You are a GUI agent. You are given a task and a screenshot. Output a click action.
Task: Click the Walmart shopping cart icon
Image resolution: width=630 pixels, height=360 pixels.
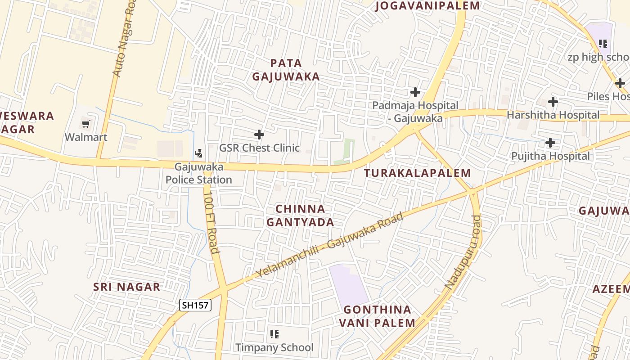coord(85,124)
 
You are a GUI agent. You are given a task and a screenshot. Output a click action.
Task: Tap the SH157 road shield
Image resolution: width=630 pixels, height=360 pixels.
coord(195,305)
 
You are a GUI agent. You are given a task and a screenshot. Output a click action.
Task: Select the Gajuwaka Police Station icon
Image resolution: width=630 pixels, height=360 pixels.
coord(198,153)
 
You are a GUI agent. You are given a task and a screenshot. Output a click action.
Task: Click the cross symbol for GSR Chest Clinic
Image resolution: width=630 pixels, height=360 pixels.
coord(259,134)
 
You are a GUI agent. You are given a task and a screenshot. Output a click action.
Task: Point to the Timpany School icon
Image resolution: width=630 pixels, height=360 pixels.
coord(274,334)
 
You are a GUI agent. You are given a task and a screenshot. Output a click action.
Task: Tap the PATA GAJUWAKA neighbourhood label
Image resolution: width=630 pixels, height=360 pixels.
coord(286,70)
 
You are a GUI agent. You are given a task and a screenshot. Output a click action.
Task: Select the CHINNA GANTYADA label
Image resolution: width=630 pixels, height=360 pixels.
coord(300,215)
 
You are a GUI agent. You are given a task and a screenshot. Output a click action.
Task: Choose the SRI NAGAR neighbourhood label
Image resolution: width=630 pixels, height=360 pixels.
coord(126,287)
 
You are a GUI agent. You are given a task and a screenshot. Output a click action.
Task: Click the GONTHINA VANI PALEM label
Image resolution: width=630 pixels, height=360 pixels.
coord(377,316)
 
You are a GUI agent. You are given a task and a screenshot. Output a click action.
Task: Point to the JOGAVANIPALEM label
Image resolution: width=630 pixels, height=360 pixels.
coord(427,6)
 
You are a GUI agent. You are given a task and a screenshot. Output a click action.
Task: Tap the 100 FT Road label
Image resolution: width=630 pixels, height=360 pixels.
coord(211,222)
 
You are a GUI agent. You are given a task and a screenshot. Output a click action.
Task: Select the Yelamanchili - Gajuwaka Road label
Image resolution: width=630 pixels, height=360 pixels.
coord(329,245)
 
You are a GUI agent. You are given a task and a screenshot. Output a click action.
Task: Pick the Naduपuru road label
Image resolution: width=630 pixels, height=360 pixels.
coord(464,252)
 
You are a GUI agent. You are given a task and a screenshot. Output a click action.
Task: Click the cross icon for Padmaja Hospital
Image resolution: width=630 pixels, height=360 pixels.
coord(415,92)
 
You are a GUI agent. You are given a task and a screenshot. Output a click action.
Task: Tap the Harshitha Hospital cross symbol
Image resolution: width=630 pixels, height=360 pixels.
coord(553,102)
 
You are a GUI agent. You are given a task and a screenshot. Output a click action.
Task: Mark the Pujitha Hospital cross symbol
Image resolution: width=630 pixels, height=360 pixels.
coord(550,143)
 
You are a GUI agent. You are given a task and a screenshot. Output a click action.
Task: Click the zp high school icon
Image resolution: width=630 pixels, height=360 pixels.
coord(603,44)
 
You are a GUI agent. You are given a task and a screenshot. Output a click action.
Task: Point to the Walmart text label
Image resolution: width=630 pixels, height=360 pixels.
coord(86,137)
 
